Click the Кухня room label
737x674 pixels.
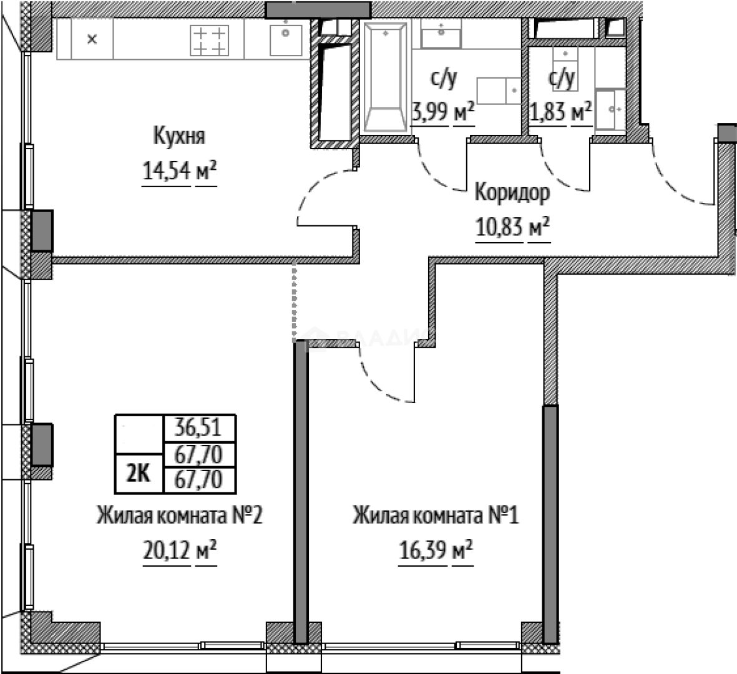tap(179, 135)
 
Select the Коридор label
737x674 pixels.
tap(512, 193)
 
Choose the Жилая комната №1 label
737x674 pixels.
tap(436, 516)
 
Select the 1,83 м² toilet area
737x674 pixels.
tap(560, 112)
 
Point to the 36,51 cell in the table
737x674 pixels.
tap(199, 428)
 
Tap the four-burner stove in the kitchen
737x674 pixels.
tap(209, 39)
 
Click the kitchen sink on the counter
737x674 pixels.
tap(286, 39)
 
